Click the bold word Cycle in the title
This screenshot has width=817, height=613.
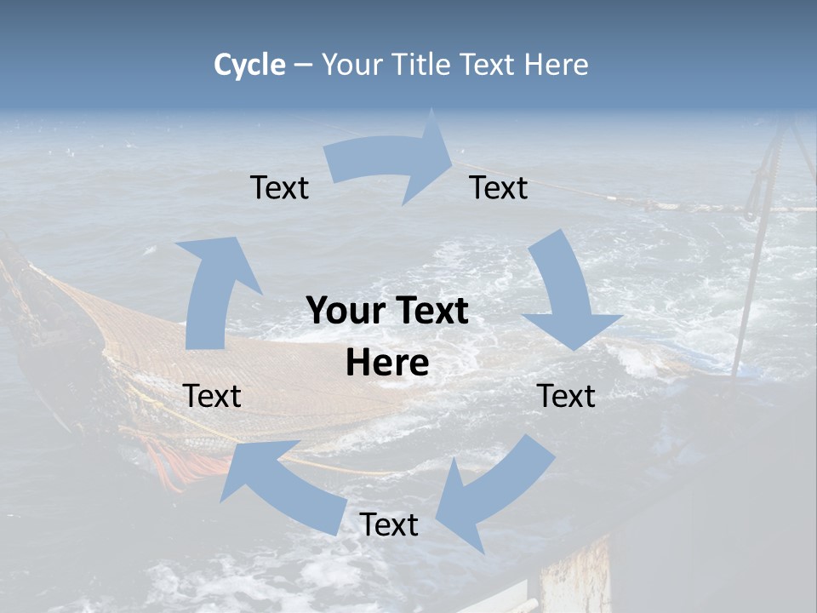(249, 65)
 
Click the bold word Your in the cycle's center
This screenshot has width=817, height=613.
(340, 312)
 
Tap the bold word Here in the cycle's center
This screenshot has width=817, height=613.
(387, 364)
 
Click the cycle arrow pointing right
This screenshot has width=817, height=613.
(391, 158)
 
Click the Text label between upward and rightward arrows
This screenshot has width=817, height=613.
(279, 188)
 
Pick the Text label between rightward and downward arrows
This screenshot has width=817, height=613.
(499, 188)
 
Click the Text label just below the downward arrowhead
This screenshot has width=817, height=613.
(567, 397)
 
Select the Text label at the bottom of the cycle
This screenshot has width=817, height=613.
(389, 525)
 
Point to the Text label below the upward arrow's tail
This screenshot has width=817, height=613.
(213, 397)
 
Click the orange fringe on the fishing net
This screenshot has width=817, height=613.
(174, 464)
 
